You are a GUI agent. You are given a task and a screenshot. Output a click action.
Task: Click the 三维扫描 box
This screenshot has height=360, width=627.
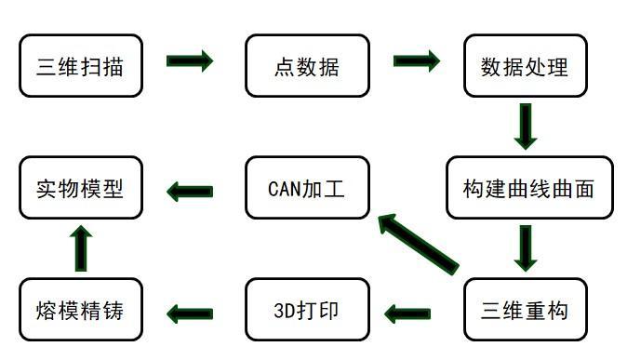pos(81,66)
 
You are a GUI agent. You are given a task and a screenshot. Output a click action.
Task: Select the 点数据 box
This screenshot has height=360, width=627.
pos(307,66)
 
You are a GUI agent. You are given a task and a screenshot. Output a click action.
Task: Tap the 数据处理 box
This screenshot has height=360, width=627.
pos(525,66)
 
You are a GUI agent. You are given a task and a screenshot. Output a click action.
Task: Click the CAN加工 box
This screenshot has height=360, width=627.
pos(307,188)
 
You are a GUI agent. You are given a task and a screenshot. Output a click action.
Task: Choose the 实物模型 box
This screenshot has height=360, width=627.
pos(81,188)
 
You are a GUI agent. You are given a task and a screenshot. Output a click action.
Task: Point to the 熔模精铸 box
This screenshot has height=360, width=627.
pos(81,310)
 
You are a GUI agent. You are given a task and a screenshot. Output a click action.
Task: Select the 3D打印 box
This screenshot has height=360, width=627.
pos(307,310)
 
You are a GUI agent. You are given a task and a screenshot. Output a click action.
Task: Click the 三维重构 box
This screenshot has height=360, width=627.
pos(525,310)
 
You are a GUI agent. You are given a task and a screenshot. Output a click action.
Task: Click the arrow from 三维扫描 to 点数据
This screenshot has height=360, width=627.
pos(190,61)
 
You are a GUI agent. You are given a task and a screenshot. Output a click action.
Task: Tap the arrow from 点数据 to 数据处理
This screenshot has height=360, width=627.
pos(417,61)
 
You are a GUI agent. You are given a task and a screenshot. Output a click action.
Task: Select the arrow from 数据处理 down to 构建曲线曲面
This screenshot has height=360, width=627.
pos(526,127)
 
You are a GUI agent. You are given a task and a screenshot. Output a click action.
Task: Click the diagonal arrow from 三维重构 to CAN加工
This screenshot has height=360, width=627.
pos(418,244)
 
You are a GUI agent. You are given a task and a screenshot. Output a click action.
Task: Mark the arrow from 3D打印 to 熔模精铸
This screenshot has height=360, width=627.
pos(190,313)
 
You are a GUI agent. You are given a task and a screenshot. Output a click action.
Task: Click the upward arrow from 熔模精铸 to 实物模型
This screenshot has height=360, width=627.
pos(82,248)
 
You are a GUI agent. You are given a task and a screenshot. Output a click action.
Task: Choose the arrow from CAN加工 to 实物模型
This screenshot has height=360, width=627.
pos(190,192)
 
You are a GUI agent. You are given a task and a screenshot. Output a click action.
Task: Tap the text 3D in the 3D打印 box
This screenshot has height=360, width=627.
pos(286,310)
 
